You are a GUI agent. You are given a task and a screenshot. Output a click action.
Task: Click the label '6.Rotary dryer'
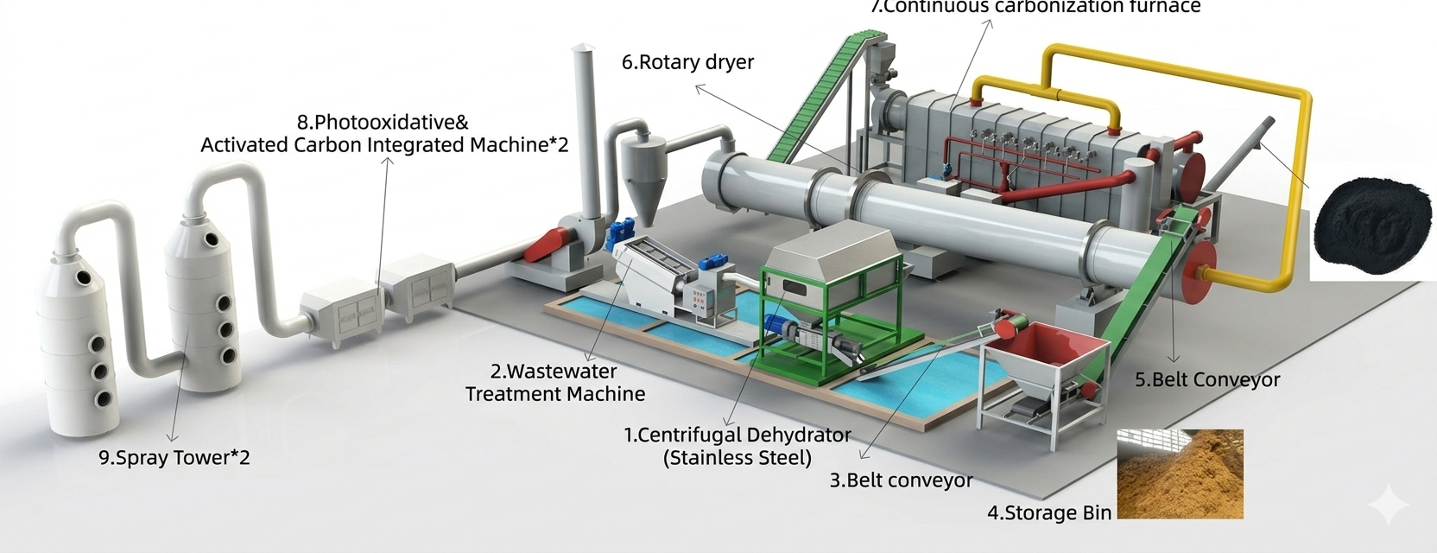point(687,62)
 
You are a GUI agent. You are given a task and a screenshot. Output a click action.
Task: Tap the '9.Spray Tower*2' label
point(174,457)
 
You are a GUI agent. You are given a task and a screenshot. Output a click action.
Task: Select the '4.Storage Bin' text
point(1049,513)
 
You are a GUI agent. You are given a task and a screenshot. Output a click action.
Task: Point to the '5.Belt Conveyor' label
point(1207,379)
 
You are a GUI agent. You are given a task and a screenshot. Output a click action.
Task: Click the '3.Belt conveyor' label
point(901,480)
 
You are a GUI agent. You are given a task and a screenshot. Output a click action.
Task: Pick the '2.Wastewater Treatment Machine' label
point(554,383)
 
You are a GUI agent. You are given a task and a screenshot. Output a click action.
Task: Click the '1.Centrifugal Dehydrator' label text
point(737,435)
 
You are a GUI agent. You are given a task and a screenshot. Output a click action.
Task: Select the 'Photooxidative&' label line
point(383,123)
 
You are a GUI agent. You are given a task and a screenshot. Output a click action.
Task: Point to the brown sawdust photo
point(1180,474)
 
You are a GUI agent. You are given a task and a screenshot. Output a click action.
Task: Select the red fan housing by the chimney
point(549,244)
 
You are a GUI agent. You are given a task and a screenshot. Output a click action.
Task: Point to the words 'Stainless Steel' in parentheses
point(737,458)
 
